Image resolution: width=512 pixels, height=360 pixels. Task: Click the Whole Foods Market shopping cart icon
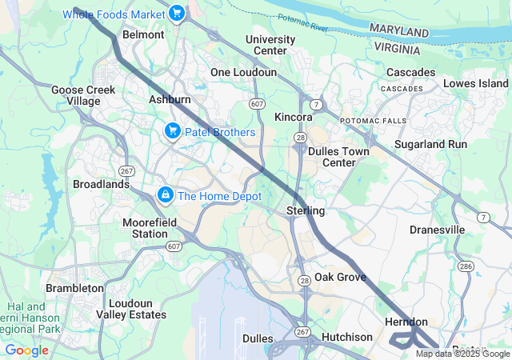pos(177,13)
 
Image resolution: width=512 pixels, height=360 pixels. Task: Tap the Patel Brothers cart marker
pos(171,130)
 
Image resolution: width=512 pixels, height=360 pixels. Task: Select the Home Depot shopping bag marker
pos(165,194)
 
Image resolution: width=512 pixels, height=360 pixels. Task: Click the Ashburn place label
pos(170,99)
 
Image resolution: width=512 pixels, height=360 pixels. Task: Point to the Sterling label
pos(306,210)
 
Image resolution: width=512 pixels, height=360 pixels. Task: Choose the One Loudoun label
pos(243,72)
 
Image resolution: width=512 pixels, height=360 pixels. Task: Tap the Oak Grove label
pos(340,277)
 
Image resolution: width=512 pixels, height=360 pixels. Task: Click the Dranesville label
pos(437,230)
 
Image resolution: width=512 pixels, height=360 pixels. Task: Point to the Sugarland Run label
pos(435,144)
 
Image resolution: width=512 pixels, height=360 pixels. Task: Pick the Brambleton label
pos(74,287)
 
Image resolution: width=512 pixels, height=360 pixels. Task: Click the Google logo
pos(26,350)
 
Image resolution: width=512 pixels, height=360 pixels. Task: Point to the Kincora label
pos(293,117)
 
